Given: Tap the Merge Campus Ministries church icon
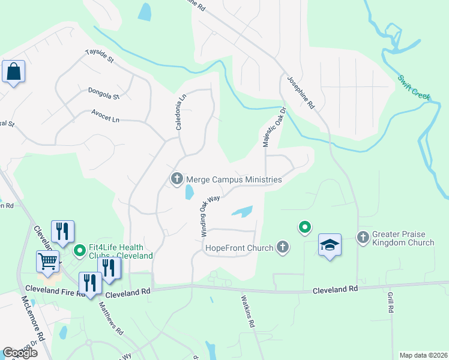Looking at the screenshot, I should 177,179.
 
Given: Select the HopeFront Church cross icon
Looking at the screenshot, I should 283,247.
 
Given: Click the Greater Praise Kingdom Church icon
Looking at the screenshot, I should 363,238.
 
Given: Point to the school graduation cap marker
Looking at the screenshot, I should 330,245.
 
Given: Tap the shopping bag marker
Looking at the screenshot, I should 13,72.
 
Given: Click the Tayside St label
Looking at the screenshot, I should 100,56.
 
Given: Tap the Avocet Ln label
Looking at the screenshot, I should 105,116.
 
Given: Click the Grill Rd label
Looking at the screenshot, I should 390,303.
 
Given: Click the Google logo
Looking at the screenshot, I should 20,353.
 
